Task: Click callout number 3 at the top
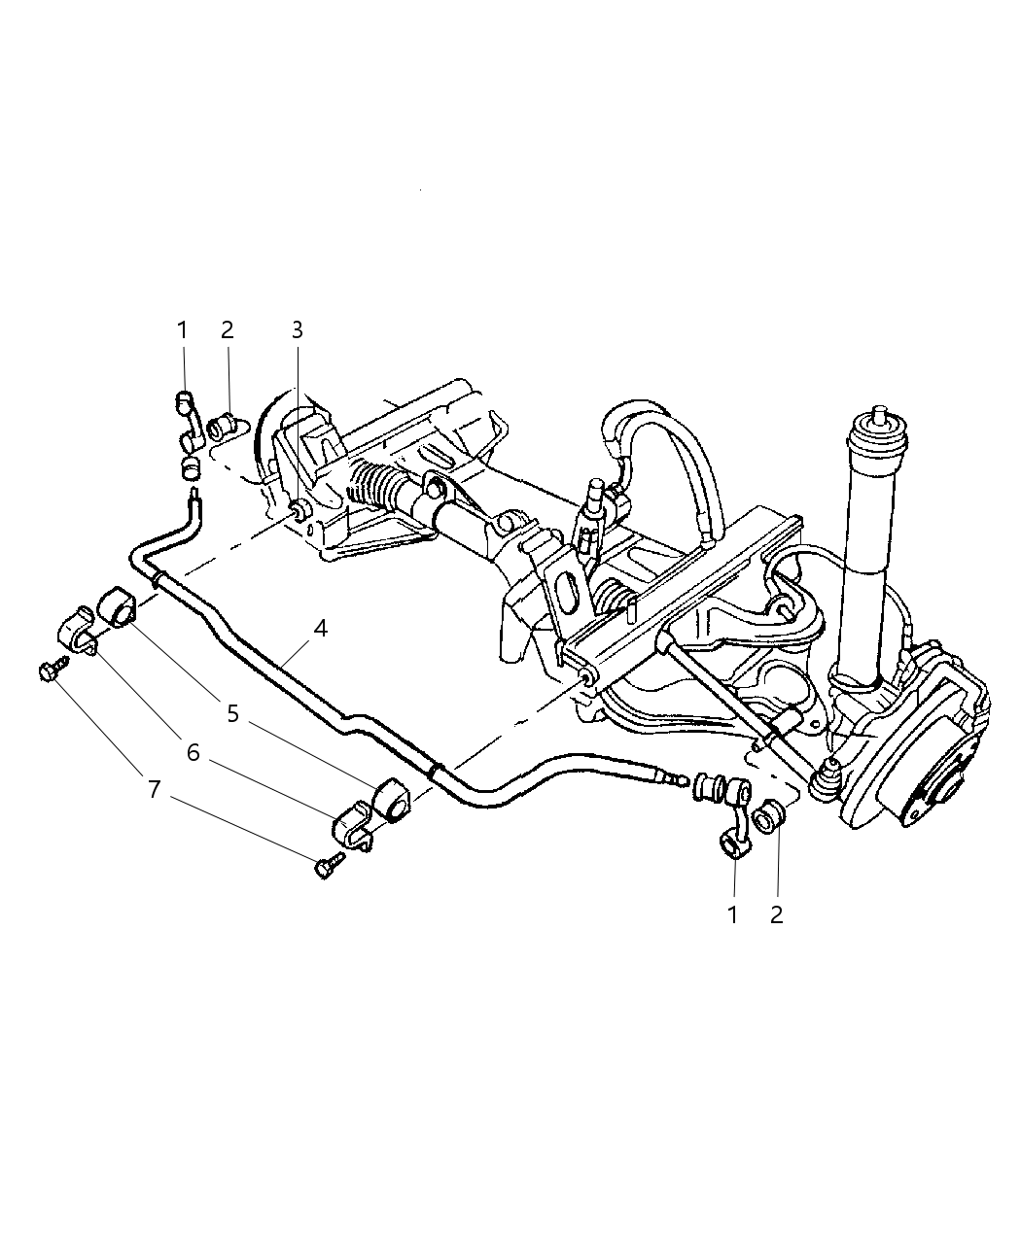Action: [x=298, y=330]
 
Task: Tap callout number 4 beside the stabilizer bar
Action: [x=320, y=629]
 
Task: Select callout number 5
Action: [x=233, y=714]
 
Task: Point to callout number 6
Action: [x=194, y=752]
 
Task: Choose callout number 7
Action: [x=154, y=790]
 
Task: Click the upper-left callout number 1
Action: [x=182, y=330]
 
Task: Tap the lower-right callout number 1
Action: [x=732, y=914]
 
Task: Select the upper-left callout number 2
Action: [x=228, y=330]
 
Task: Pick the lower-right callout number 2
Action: [x=776, y=914]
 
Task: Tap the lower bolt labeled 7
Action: [x=326, y=865]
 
